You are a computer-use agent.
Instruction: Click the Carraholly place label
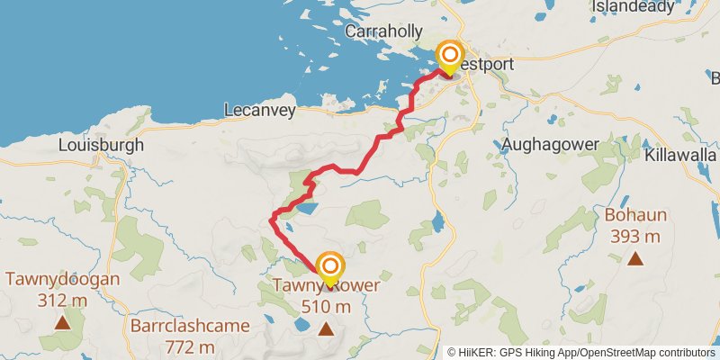click(x=384, y=31)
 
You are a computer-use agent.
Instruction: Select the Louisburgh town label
click(x=101, y=145)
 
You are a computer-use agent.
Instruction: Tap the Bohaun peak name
click(x=634, y=216)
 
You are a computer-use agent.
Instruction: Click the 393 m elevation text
click(x=634, y=236)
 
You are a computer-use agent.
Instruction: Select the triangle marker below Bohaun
click(x=635, y=259)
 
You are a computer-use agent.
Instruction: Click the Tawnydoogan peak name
click(x=62, y=279)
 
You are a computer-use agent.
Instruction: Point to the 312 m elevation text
click(x=62, y=299)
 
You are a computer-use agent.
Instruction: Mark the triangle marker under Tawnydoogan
click(x=62, y=321)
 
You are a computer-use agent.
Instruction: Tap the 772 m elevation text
click(x=189, y=346)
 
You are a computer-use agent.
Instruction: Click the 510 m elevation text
click(x=326, y=306)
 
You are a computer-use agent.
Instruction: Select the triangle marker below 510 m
click(x=326, y=329)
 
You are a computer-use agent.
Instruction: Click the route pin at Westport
click(x=449, y=56)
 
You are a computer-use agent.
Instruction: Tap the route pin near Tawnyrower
click(x=330, y=267)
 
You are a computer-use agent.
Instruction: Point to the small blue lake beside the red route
click(x=306, y=208)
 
